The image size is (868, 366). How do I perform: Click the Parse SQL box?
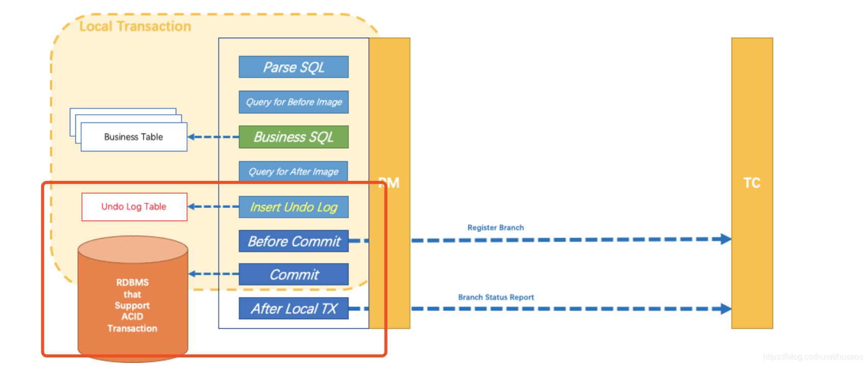coord(293,67)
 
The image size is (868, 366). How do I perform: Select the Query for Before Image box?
coord(293,102)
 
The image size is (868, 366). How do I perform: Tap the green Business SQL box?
coord(293,137)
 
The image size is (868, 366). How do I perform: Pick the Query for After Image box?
coord(293,172)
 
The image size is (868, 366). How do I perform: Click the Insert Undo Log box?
coord(293,207)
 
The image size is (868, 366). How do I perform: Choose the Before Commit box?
coord(293,241)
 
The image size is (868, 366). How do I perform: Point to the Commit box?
coord(293,275)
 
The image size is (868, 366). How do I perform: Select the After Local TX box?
coord(293,308)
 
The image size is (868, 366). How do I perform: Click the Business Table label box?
coord(133,137)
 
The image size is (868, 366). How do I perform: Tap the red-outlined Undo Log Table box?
coord(134,207)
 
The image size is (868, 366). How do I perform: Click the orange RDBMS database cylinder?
coord(132,301)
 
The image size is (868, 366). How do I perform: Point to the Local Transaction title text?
coord(135,27)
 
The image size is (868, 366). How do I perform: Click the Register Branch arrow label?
coord(495,228)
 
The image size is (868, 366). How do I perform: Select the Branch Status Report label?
coord(496,297)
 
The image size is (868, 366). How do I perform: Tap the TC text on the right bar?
coord(752,183)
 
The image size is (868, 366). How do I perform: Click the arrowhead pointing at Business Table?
coord(192,137)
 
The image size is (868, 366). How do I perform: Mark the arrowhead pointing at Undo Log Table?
coord(192,206)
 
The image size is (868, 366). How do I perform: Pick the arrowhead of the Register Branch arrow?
coord(726,239)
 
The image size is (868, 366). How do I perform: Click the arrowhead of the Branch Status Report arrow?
coord(726,308)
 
